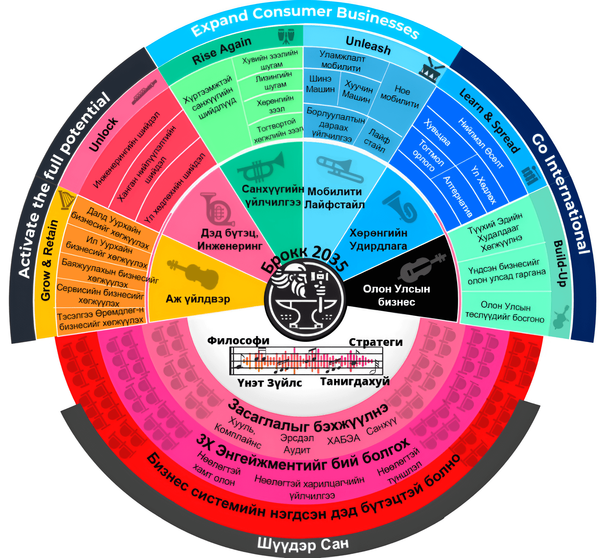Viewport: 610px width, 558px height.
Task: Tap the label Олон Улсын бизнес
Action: pyautogui.click(x=396, y=295)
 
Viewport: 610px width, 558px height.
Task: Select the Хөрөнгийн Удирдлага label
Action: pyautogui.click(x=378, y=239)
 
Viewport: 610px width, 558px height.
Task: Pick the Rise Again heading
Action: pyautogui.click(x=222, y=51)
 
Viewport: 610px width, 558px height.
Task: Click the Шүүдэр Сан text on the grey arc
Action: pyautogui.click(x=303, y=543)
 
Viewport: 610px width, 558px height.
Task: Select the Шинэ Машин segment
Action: pyautogui.click(x=320, y=84)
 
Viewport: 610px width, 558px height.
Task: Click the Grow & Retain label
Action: pyautogui.click(x=49, y=261)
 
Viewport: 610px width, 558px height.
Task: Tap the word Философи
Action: pyautogui.click(x=239, y=341)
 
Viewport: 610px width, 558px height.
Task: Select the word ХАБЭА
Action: pyautogui.click(x=344, y=439)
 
